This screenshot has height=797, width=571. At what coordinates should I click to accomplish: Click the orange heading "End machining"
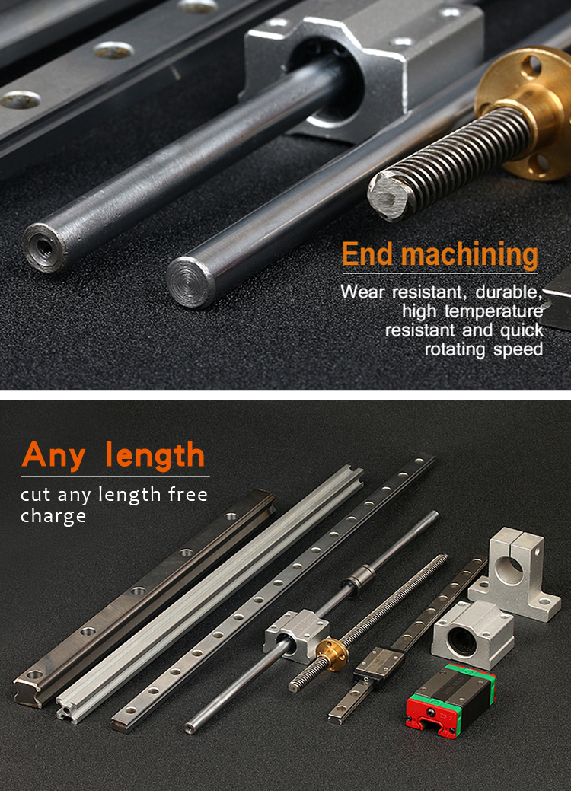439,254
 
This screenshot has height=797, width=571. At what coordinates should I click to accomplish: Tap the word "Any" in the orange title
56,454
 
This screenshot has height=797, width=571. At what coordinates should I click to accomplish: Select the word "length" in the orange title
155,454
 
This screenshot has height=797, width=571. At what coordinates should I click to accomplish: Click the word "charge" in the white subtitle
53,516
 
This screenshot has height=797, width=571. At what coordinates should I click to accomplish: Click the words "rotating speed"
483,349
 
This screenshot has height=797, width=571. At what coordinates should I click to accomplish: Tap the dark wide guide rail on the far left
141,598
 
